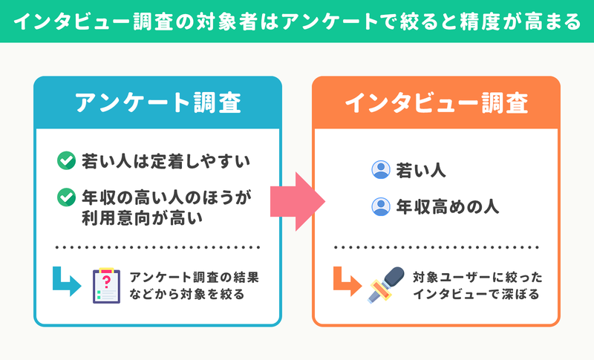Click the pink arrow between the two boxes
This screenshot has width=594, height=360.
pos(298,201)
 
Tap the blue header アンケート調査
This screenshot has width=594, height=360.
pos(157,102)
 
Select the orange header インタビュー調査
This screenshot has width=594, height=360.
pos(436,102)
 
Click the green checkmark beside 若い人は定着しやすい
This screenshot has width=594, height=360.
pos(66,160)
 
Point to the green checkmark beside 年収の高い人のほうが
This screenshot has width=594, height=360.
pos(66,197)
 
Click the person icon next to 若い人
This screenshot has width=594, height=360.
pos(381,169)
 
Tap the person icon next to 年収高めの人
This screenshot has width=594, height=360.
pos(381,206)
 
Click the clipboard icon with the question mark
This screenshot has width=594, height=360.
pos(106,286)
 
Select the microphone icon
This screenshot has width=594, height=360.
pos(385,284)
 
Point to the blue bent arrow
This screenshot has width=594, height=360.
pos(65,282)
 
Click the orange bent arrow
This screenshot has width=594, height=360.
pos(346,282)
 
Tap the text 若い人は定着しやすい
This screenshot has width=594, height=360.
pos(166,161)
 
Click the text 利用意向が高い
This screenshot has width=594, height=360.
pos(143,218)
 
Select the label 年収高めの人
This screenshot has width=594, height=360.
pos(448,207)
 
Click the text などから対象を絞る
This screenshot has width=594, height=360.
pos(187,294)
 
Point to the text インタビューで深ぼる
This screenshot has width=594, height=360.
pos(476,294)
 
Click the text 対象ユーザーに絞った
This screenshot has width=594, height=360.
pos(477,278)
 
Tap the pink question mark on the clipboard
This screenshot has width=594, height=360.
pos(106,281)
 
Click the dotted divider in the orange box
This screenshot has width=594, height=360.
pos(436,247)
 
